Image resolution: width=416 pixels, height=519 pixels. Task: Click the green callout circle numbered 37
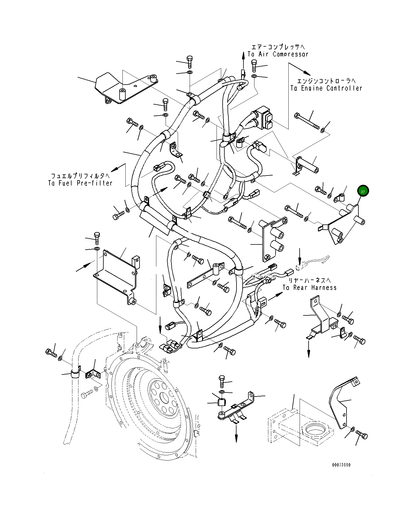click(363, 191)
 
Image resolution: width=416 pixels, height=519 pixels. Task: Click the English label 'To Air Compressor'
click(278, 54)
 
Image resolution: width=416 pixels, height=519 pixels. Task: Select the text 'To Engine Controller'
click(326, 88)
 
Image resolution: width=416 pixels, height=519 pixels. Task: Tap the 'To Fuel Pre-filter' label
click(80, 183)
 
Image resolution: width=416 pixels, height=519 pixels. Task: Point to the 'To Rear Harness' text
click(309, 288)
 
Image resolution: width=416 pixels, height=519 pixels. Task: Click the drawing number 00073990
click(341, 465)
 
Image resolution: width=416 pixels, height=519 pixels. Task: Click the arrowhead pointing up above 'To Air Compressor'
click(243, 54)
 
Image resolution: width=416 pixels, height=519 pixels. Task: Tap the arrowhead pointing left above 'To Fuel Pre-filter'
click(114, 170)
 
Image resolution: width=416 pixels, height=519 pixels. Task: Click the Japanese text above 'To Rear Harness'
click(309, 280)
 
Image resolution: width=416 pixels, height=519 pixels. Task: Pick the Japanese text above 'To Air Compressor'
click(278, 47)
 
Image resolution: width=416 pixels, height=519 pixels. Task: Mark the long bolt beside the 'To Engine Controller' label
click(307, 121)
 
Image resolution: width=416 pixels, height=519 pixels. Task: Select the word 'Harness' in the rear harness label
click(323, 288)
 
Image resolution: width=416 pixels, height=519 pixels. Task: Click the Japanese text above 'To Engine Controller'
click(326, 81)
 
